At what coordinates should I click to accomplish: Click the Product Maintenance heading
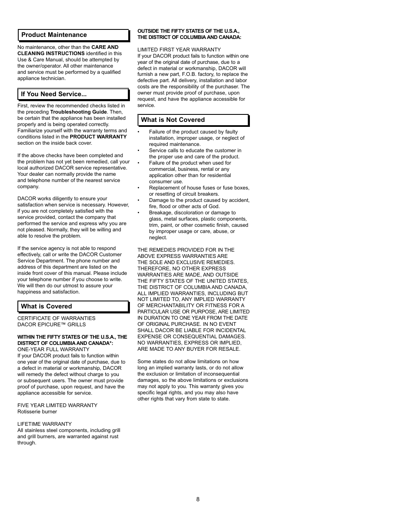click(54, 35)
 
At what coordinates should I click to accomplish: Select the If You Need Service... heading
click(54, 94)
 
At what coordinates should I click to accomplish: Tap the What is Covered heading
click(46, 306)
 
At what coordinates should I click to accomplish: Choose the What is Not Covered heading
click(173, 120)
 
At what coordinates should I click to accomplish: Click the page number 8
click(198, 499)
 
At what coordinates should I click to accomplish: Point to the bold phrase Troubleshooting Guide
click(78, 112)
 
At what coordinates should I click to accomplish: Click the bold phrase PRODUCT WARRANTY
click(98, 137)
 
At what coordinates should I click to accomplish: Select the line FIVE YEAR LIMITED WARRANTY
click(57, 405)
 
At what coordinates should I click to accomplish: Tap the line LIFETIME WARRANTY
click(44, 424)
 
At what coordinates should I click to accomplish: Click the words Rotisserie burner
click(37, 412)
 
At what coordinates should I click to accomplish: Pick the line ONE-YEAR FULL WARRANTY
click(53, 349)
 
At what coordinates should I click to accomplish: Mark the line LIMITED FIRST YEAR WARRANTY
click(179, 50)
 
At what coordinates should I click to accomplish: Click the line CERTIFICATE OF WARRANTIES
click(56, 318)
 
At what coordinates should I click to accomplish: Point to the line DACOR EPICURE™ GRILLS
click(51, 325)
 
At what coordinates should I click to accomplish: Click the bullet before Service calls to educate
click(139, 150)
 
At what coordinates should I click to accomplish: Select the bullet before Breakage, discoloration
click(139, 213)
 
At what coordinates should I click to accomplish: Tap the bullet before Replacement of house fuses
click(139, 188)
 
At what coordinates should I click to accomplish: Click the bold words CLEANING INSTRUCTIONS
click(51, 53)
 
